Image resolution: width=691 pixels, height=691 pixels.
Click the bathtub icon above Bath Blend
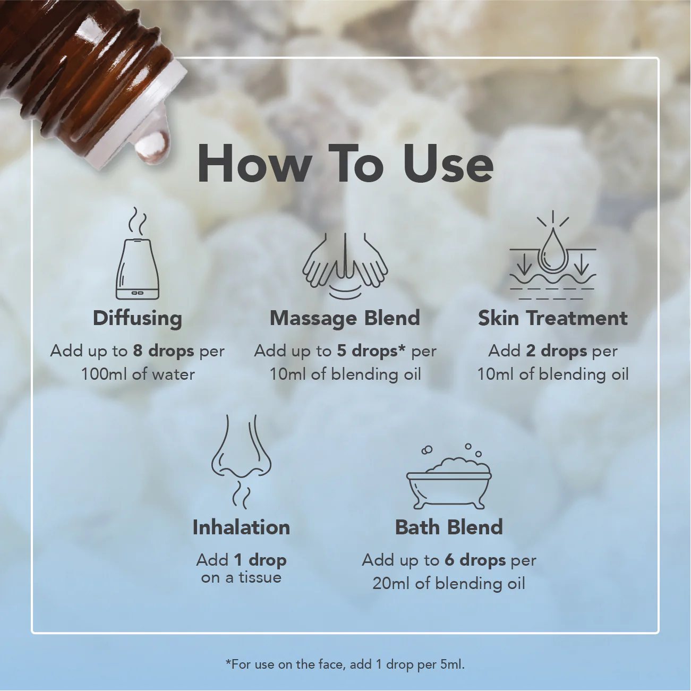coord(449,478)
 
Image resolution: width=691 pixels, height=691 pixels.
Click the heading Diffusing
coord(138,318)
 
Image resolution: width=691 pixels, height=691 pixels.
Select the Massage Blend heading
coord(345,318)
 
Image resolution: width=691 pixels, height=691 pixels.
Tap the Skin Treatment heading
coord(552,318)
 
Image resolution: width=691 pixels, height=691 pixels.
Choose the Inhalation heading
coord(241,527)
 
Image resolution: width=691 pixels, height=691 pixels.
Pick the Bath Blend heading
coord(449,527)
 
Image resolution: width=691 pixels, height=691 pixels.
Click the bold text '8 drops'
coord(164,351)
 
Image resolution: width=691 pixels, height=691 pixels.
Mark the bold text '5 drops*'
coord(371,351)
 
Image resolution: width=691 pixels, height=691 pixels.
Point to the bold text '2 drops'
coord(556,351)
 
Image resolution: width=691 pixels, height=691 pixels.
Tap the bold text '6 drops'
coord(475,560)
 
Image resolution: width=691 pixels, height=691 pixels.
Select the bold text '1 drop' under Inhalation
coord(260,560)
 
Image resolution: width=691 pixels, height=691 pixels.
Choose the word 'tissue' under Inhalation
coord(260,578)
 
